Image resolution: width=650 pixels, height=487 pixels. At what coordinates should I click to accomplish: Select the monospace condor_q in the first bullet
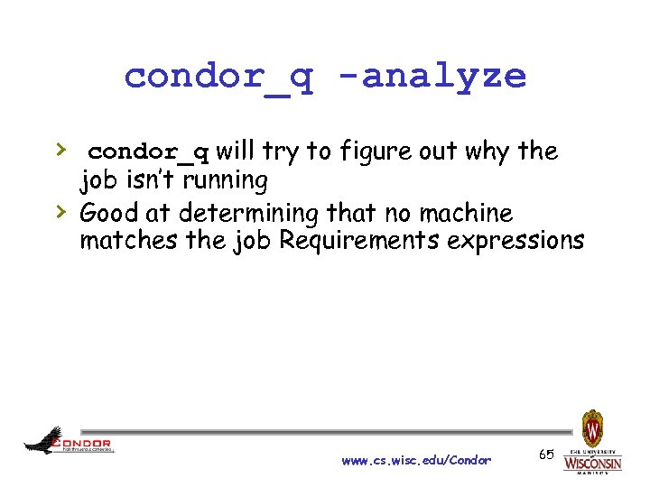149,151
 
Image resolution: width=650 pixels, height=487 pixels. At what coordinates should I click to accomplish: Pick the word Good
109,214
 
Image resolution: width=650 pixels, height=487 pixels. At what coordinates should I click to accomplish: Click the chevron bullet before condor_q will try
59,148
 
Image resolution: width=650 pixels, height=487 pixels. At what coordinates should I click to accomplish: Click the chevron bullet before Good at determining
59,211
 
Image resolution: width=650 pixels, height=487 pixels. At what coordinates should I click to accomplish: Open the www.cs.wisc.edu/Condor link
416,461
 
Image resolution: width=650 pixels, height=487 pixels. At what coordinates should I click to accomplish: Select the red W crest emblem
592,427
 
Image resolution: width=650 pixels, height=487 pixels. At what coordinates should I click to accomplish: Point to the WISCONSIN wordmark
592,463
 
